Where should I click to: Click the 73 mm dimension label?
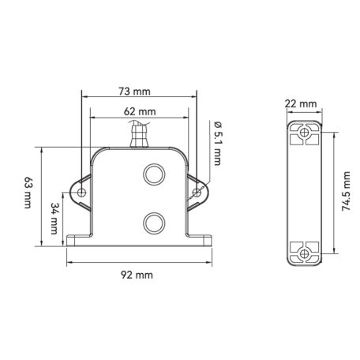click(x=134, y=92)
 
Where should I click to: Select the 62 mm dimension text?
click(x=140, y=111)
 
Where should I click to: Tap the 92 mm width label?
click(x=137, y=275)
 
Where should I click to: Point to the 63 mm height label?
click(x=28, y=193)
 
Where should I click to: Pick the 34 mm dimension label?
click(x=54, y=219)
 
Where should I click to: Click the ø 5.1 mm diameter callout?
click(x=217, y=144)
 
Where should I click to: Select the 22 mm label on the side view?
click(x=301, y=103)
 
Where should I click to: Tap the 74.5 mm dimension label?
click(x=347, y=191)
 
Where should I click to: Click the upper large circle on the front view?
click(x=154, y=174)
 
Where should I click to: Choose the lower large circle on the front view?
click(x=154, y=223)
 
